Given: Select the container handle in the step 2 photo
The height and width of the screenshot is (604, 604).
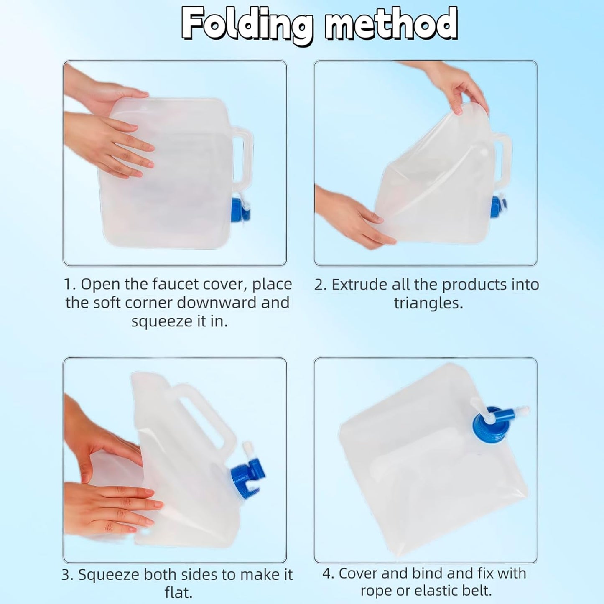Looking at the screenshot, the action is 502,163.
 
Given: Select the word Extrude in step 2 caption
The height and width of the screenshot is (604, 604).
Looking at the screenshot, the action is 360,285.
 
